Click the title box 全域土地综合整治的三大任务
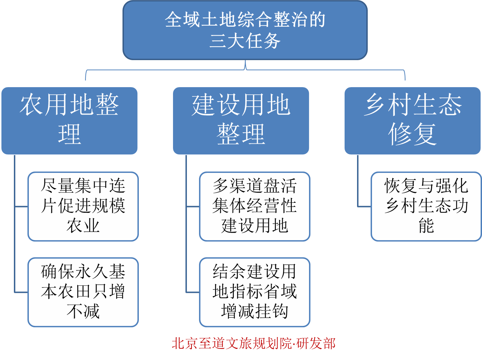pos(245,30)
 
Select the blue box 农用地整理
pos(69,121)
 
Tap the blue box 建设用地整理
pos(241,121)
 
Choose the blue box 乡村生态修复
pos(413,121)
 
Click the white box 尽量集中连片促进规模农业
pos(83,206)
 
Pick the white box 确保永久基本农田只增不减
pos(83,292)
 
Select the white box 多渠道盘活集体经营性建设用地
pos(255,206)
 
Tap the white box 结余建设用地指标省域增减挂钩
pos(255,292)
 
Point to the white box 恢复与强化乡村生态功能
pos(426,206)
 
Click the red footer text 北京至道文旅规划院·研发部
pos(253,344)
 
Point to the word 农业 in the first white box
pos(83,226)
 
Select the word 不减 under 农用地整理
pos(83,311)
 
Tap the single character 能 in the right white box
pos(426,226)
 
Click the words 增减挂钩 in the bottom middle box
pos(255,311)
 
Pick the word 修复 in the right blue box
pos(413,134)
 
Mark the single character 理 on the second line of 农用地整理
pos(69,134)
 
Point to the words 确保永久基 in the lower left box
pos(83,272)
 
